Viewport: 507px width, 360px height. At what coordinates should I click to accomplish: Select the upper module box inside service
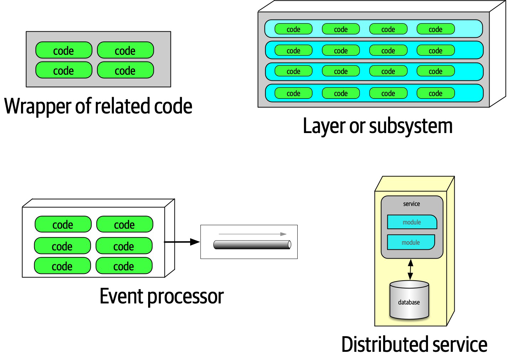(x=412, y=222)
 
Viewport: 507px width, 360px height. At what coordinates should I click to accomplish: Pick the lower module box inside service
(x=411, y=242)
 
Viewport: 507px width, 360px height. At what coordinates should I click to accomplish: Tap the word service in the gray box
(x=411, y=204)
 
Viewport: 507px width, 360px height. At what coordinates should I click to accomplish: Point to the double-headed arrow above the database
(x=411, y=269)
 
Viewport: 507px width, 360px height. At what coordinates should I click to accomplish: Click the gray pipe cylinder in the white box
(x=252, y=244)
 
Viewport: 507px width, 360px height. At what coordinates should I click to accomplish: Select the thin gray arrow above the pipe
(x=252, y=234)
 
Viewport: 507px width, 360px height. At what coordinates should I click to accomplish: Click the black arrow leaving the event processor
(x=182, y=242)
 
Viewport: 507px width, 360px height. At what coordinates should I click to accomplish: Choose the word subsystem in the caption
(x=411, y=126)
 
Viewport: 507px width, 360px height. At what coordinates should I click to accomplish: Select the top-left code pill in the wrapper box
(x=64, y=51)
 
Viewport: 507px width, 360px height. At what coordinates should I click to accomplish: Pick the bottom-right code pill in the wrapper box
(x=125, y=70)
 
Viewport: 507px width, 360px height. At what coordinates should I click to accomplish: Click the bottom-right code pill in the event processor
(x=124, y=266)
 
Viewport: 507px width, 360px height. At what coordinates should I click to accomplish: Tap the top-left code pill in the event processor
(x=63, y=224)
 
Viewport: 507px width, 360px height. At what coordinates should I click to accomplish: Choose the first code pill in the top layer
(x=294, y=29)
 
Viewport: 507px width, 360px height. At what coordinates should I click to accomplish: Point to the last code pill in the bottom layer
(x=435, y=93)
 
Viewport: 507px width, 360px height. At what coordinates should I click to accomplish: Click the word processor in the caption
(x=185, y=296)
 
